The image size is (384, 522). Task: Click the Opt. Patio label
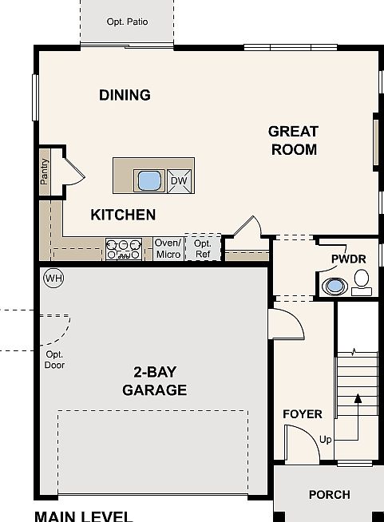tap(127, 22)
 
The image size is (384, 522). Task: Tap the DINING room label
tap(125, 95)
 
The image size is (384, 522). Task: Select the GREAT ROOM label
tap(294, 140)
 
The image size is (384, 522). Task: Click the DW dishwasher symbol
tap(179, 181)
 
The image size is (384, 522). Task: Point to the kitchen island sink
tap(149, 180)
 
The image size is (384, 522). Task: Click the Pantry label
tap(44, 172)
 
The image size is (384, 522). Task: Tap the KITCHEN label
tap(123, 215)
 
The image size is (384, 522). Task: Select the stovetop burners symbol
tap(124, 249)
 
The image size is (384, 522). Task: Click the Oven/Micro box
tap(168, 249)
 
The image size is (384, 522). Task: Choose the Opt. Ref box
tap(203, 248)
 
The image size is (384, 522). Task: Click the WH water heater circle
tap(54, 278)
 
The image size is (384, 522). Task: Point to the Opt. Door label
tap(54, 359)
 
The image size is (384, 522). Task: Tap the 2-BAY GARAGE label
tap(155, 382)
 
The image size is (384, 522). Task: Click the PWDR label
tap(349, 259)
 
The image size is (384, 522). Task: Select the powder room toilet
tap(362, 283)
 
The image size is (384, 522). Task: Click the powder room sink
tap(335, 286)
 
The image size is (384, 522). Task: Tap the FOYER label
tap(303, 414)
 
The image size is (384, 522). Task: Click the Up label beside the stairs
tap(326, 440)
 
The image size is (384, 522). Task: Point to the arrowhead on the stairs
tap(358, 398)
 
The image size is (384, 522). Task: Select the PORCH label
tap(330, 495)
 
